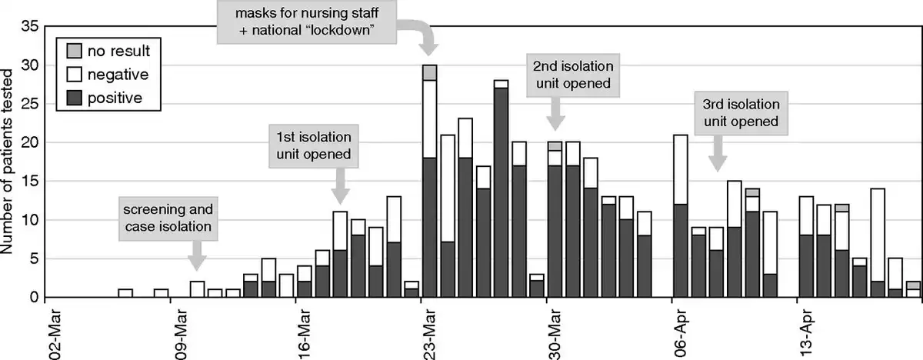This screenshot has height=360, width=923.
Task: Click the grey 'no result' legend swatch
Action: click(72, 51)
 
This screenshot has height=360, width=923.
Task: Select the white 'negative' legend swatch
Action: click(72, 74)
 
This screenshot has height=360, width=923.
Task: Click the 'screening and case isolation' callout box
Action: click(167, 218)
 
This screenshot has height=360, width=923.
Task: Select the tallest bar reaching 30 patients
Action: click(429, 185)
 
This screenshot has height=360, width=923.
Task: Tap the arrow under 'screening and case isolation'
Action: click(197, 254)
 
